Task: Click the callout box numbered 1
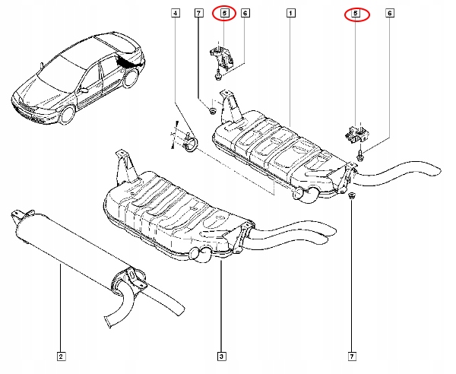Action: [x=290, y=14]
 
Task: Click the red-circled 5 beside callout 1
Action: [x=354, y=14]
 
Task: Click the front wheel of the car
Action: [x=69, y=115]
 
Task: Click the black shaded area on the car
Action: [x=129, y=61]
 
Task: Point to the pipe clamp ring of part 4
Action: [x=189, y=144]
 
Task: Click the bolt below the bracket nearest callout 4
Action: [x=218, y=77]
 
